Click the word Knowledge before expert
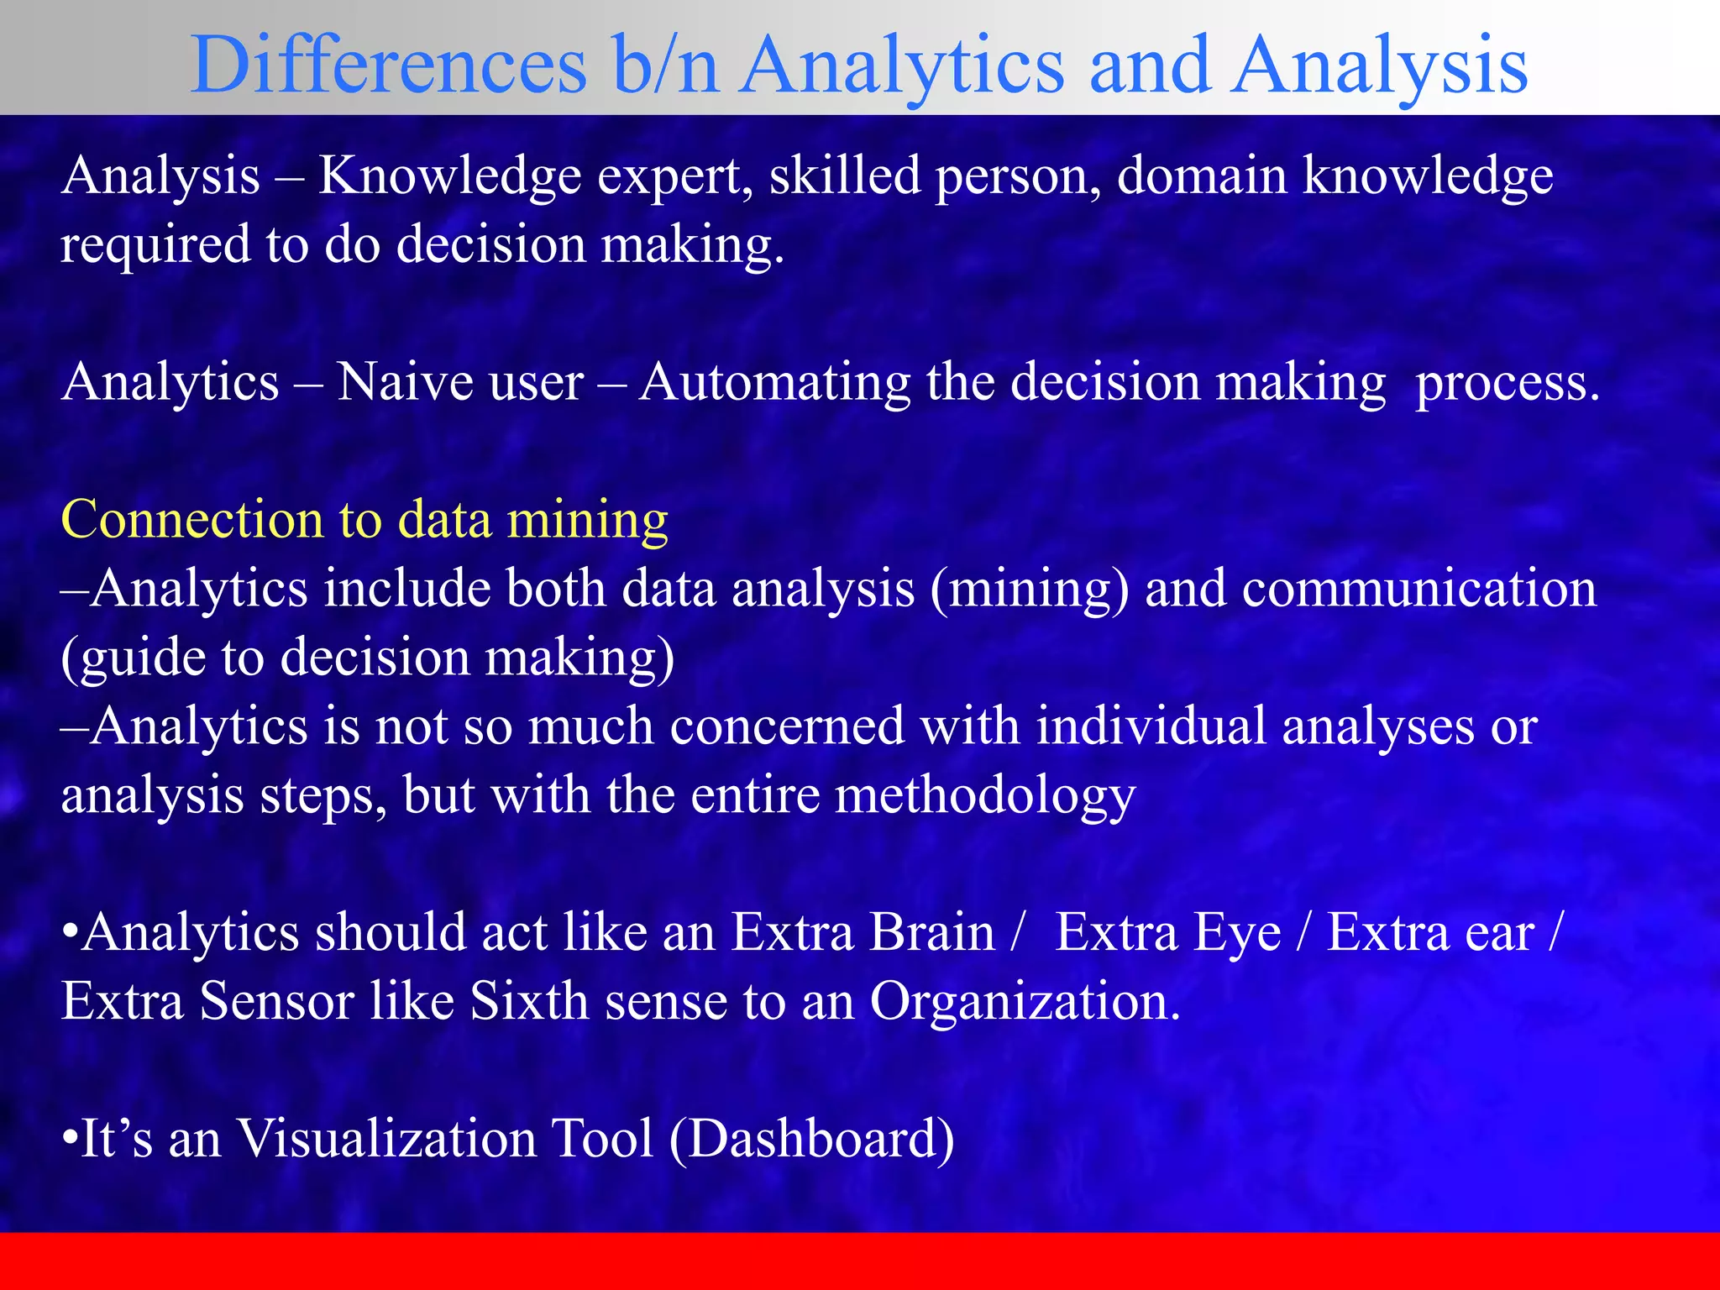tap(450, 177)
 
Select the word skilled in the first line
tap(845, 177)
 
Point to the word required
tap(155, 247)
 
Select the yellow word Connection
tap(192, 520)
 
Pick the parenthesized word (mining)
tap(1029, 590)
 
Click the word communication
tap(1418, 589)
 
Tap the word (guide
tap(134, 659)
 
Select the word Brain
tap(931, 933)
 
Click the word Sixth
tap(528, 1002)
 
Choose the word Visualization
tap(385, 1140)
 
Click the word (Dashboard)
tap(811, 1141)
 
